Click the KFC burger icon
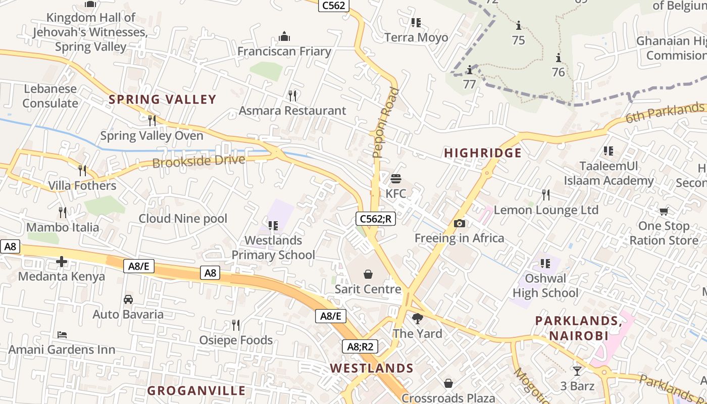[395, 179]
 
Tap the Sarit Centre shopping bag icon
[368, 274]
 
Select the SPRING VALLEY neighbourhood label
[163, 99]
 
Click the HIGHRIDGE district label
[483, 153]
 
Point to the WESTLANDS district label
[372, 368]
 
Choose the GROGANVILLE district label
[196, 390]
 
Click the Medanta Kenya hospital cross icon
[62, 262]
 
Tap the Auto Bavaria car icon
[128, 299]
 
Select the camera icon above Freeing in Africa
[460, 223]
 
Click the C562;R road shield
[375, 219]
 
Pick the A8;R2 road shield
[360, 346]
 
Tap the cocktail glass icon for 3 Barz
[577, 371]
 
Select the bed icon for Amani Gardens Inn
[62, 334]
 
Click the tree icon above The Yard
[417, 318]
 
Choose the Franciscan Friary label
[284, 52]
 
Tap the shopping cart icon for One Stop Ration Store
[664, 211]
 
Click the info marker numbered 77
[470, 70]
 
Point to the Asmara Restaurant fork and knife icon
[292, 95]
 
